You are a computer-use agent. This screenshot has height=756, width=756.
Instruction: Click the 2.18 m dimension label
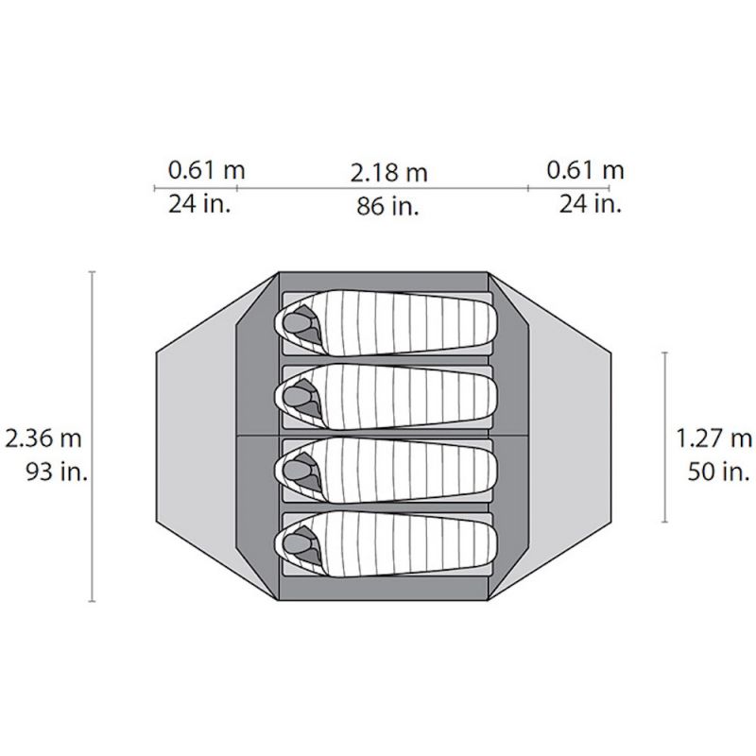tap(388, 174)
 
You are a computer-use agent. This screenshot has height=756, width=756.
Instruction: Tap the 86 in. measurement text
tap(388, 206)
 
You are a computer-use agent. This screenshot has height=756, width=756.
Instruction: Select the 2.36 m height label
tap(45, 438)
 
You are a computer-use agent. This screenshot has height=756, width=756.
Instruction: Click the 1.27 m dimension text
tap(714, 438)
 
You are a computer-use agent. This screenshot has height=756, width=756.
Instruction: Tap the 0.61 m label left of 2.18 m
tap(207, 170)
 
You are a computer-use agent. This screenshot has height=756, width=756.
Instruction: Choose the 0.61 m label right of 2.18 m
tap(586, 170)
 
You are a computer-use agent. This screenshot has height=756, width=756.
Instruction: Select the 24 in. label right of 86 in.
tap(590, 202)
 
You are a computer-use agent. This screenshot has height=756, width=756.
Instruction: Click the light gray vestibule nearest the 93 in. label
tap(194, 437)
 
